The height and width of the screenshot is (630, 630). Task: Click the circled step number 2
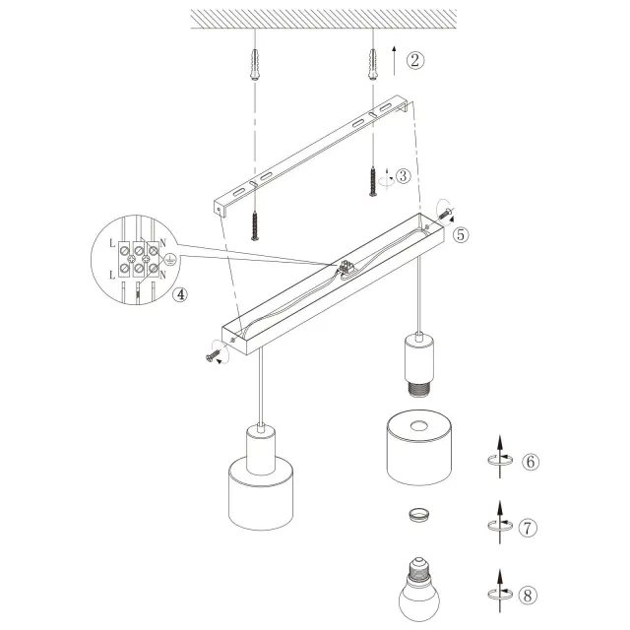click(414, 60)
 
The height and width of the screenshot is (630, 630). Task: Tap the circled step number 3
click(403, 176)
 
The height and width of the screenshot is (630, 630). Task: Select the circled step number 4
click(179, 294)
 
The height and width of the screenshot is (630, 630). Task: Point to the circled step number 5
click(461, 234)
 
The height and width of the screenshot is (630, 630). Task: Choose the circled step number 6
click(531, 462)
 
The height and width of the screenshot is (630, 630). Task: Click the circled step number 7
click(528, 528)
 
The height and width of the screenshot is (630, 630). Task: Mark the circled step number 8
click(528, 595)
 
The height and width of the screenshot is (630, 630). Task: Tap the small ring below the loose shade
click(419, 514)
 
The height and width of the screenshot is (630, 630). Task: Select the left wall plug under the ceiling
click(255, 65)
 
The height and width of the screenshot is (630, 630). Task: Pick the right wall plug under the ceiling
click(372, 65)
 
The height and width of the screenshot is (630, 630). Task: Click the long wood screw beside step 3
click(373, 182)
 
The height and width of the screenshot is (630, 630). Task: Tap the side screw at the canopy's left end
click(213, 355)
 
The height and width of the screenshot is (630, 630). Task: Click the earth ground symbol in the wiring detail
click(169, 259)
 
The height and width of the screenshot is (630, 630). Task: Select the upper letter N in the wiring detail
click(162, 243)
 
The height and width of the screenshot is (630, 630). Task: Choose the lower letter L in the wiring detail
click(112, 276)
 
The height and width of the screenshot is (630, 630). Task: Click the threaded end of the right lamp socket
click(419, 389)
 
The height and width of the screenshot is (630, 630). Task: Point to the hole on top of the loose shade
click(418, 425)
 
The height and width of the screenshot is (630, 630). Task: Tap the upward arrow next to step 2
click(394, 61)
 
